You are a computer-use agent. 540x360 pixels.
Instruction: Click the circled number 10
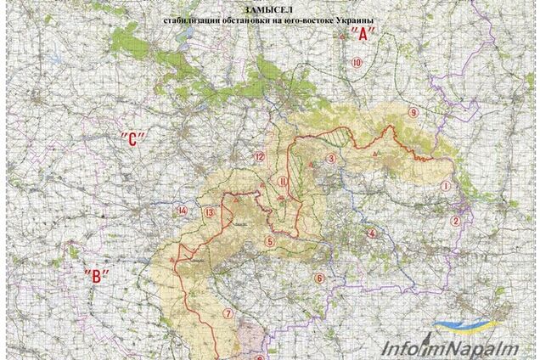point(357,63)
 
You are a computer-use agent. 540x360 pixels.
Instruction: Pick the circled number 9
point(413,112)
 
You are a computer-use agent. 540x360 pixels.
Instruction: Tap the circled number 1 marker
point(445,185)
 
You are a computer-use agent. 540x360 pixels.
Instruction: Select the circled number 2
point(456,222)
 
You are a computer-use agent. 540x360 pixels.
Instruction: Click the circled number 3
point(332,157)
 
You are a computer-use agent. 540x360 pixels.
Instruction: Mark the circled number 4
point(371,233)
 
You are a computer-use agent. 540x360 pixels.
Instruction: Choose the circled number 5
point(269,242)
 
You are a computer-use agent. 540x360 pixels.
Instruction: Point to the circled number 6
point(319,278)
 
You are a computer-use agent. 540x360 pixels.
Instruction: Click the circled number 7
point(227,312)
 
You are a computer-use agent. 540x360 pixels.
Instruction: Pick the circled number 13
point(209,211)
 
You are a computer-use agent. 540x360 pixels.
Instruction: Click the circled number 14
point(181,210)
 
